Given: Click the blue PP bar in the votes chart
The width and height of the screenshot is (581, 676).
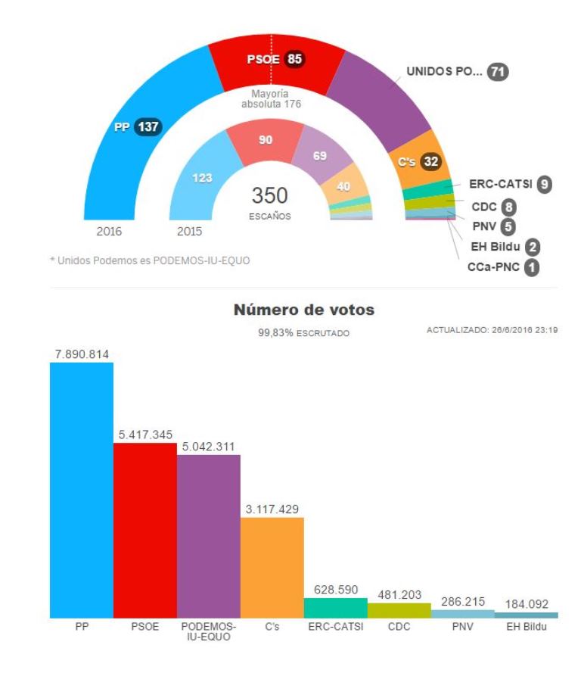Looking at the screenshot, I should (x=82, y=490).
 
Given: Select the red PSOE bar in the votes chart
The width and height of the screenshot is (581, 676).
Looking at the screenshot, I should (x=145, y=530).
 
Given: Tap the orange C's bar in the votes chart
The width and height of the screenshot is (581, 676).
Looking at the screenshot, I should (x=272, y=568).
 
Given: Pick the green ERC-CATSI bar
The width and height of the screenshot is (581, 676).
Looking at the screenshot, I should (x=336, y=608).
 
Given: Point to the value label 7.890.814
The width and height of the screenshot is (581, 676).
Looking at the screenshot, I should (x=82, y=354).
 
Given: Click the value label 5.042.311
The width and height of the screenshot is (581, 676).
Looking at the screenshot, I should (x=209, y=446).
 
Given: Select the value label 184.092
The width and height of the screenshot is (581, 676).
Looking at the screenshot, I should (x=527, y=603).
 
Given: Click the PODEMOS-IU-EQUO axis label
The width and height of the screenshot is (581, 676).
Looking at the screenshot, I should (x=209, y=631).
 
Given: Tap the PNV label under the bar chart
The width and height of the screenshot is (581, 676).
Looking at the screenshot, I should (x=463, y=627).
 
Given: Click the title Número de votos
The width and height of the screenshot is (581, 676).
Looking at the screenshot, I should (x=304, y=310).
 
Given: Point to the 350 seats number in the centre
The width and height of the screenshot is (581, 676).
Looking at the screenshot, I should (x=270, y=195).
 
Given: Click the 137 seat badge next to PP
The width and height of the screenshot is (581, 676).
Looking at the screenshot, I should (x=148, y=127).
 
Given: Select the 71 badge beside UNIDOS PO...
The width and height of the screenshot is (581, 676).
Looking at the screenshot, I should (x=498, y=72).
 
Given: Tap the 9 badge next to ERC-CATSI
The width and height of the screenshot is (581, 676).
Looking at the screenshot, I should (x=542, y=182).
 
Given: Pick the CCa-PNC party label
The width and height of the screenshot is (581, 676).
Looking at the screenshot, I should (x=493, y=267).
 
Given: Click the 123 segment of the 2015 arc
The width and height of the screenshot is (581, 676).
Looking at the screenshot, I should (x=201, y=179).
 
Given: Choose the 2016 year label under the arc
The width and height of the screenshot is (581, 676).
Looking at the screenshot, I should (x=109, y=232).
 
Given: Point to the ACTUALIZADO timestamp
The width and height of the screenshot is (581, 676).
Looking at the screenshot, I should (x=492, y=330).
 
